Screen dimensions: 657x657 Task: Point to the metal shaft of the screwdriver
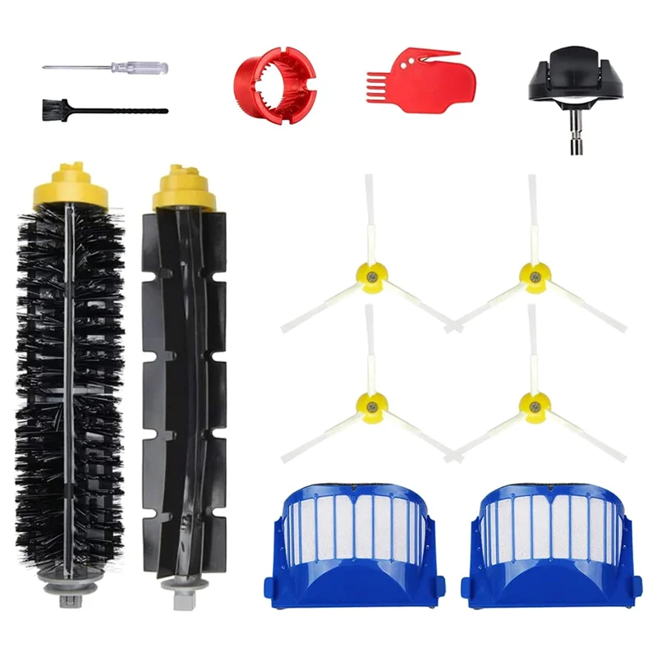pyautogui.click(x=82, y=67)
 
